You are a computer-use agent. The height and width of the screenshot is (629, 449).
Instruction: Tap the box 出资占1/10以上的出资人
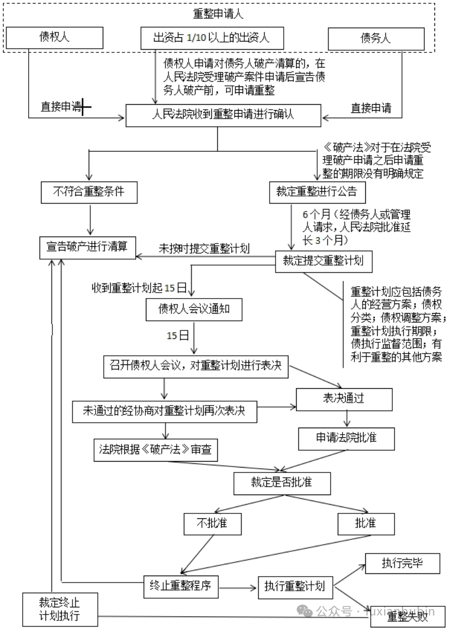(x=211, y=38)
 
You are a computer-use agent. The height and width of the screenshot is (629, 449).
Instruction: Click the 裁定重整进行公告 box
(x=313, y=192)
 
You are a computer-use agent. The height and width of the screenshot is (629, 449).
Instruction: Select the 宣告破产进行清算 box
(x=88, y=246)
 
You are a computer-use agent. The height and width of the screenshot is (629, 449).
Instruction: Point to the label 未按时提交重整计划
(x=204, y=248)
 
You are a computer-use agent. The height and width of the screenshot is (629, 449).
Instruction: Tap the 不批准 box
(x=212, y=523)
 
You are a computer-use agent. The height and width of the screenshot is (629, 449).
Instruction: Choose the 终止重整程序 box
(x=181, y=586)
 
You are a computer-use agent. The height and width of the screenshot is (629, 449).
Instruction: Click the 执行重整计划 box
(x=294, y=586)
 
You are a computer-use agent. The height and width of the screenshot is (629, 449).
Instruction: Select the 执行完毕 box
(x=402, y=563)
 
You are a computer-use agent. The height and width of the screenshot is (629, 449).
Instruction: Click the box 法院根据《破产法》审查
(x=156, y=449)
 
